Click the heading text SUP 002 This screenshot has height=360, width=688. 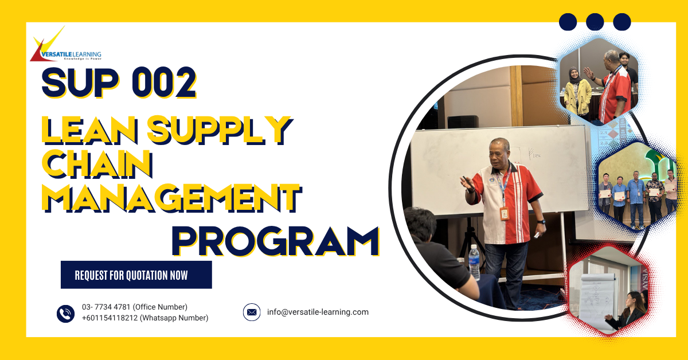coord(119,84)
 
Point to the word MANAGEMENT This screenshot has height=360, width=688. coord(173,198)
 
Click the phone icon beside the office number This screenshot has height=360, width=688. coord(66,313)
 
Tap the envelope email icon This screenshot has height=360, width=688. coord(252,312)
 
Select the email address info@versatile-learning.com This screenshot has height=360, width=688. coord(318,312)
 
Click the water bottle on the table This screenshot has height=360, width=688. coord(474,262)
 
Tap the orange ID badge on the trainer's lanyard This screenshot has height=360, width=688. coord(505,213)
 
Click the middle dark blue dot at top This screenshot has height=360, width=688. coord(595,22)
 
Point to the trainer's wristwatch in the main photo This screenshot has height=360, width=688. coord(542,221)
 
